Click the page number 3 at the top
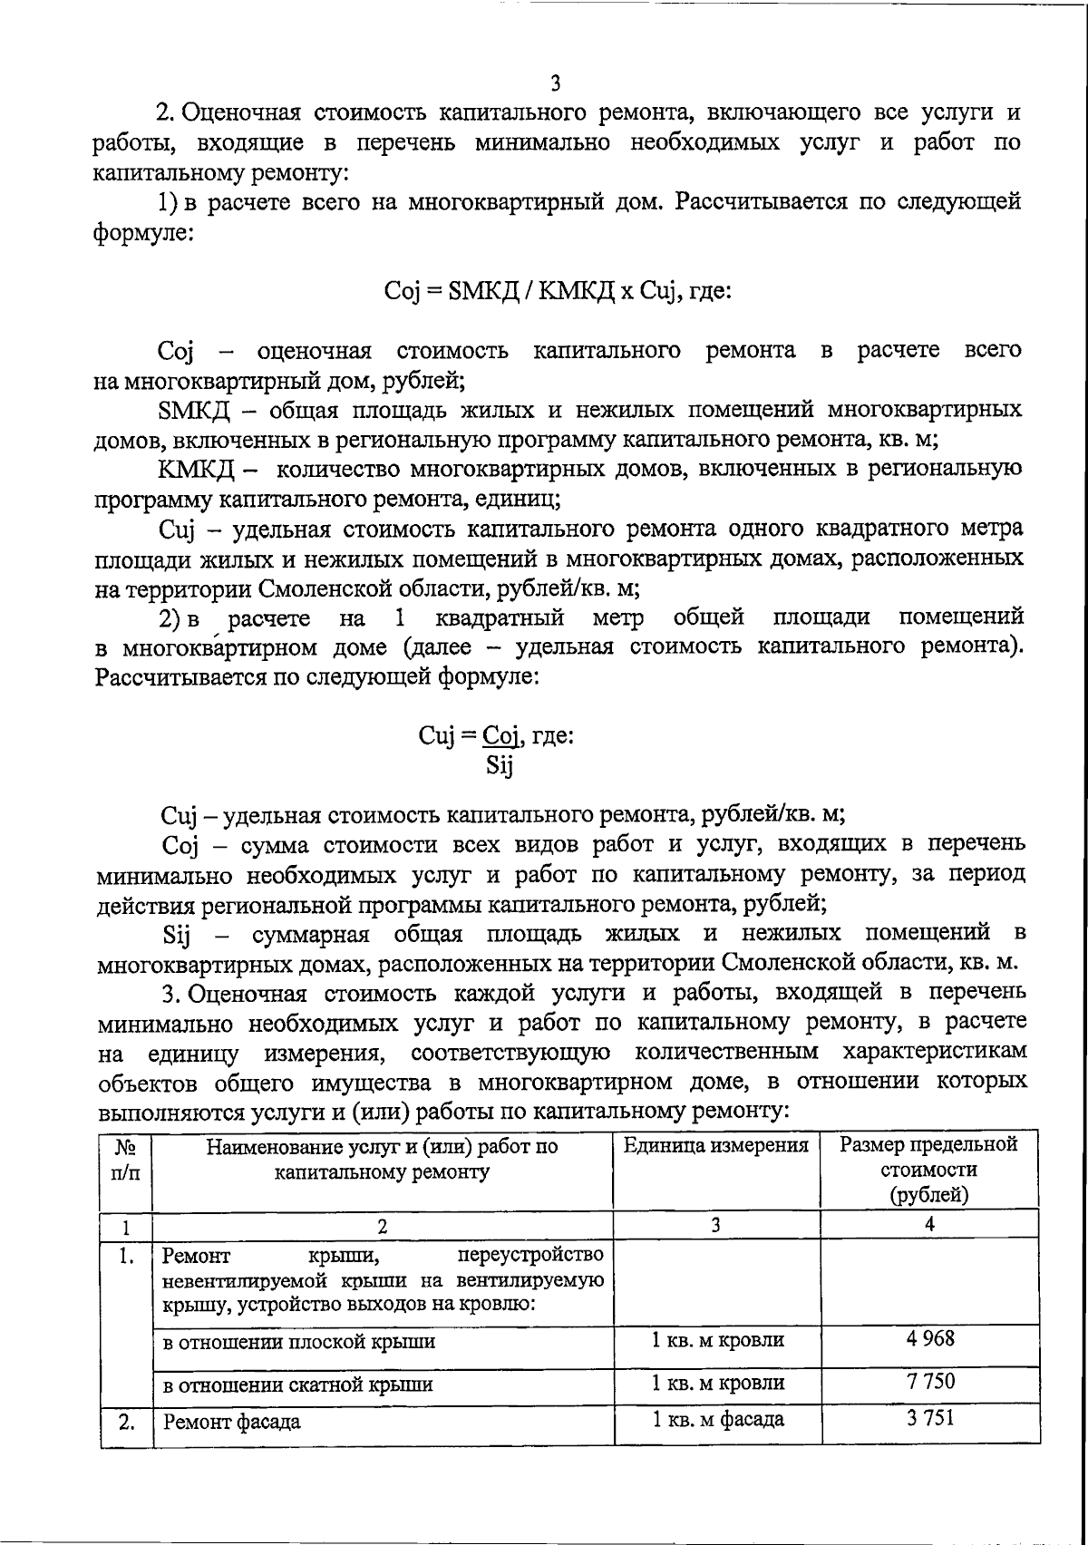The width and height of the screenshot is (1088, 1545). [x=555, y=83]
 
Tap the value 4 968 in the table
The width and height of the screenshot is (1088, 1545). [x=929, y=1338]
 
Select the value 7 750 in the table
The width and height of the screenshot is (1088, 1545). [x=929, y=1382]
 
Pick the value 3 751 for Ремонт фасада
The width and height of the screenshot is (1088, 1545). [x=929, y=1418]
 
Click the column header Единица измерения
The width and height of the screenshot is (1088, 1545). [x=715, y=1145]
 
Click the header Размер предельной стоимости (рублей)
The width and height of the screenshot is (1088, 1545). [x=928, y=1169]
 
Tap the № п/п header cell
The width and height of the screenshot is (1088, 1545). [x=125, y=1158]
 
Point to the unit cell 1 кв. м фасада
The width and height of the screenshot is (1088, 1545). [x=717, y=1419]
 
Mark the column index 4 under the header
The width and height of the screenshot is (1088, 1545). [x=928, y=1224]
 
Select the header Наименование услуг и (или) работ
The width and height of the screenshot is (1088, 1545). [x=382, y=1158]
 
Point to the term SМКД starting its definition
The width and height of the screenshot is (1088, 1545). [x=193, y=410]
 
